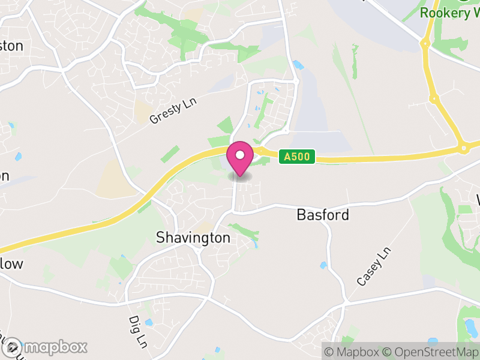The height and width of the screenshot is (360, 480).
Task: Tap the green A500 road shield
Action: pos(296,157)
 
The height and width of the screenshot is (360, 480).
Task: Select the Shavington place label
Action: pos(193,238)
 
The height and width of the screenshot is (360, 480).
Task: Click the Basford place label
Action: pos(323,215)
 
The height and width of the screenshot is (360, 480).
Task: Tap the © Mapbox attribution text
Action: pos(354,352)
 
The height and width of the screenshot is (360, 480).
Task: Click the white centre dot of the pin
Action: pos(240,155)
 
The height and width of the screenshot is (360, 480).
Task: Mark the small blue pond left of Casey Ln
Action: pos(325,265)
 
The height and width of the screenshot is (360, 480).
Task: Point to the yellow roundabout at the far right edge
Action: pos(463,148)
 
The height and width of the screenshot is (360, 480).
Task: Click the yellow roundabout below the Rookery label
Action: pos(425,43)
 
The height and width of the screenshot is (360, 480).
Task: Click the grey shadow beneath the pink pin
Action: pos(240,176)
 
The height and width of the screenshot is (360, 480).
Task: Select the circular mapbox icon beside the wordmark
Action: pos(12,347)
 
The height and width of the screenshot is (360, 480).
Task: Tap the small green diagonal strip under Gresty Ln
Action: pos(170,154)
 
